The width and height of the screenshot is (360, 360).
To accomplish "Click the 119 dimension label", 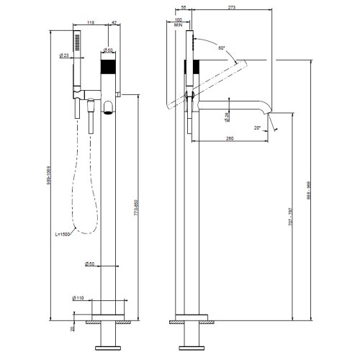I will (x=91, y=24).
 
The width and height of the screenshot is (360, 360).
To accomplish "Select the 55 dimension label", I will (x=184, y=7).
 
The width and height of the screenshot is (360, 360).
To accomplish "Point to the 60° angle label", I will (x=221, y=48).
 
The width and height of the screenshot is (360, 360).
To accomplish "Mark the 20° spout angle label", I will (x=258, y=127).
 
